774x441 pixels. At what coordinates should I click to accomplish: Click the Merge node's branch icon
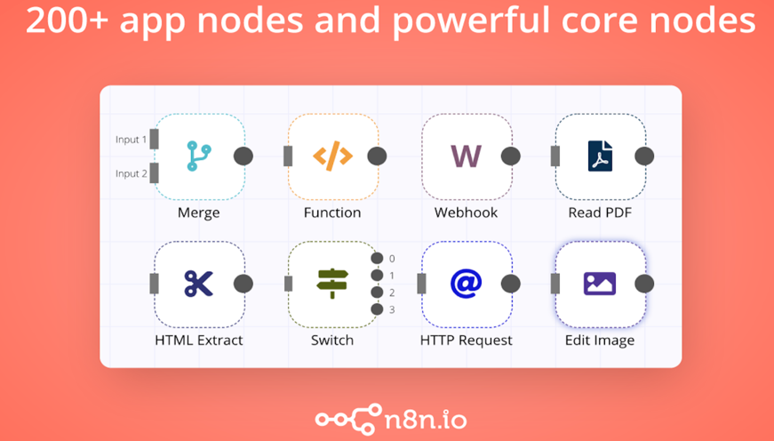[x=199, y=156]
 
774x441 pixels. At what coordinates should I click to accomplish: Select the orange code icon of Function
[x=332, y=156]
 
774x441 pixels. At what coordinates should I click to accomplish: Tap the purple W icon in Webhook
[x=466, y=156]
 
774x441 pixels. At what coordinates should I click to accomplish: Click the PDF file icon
[x=600, y=156]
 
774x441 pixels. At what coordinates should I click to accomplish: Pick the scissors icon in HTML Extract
[x=198, y=284]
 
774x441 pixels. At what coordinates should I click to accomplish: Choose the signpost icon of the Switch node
[x=332, y=284]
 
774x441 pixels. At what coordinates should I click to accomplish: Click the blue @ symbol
[x=466, y=284]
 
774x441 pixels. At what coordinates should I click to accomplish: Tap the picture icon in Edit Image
[x=600, y=284]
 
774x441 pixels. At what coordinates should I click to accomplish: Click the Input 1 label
[x=131, y=140]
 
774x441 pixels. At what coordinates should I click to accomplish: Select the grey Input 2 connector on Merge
[x=154, y=173]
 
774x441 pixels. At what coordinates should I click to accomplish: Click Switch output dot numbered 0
[x=377, y=258]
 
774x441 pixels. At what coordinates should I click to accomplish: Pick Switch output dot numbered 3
[x=377, y=309]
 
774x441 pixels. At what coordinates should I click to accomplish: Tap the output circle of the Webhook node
[x=510, y=156]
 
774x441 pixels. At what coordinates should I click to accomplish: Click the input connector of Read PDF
[x=555, y=156]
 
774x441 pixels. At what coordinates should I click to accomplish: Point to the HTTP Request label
[x=466, y=341]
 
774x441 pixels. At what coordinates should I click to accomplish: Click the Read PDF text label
[x=600, y=212]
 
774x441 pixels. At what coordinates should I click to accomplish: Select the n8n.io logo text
[x=425, y=421]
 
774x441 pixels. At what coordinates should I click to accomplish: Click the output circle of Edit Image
[x=644, y=284]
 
